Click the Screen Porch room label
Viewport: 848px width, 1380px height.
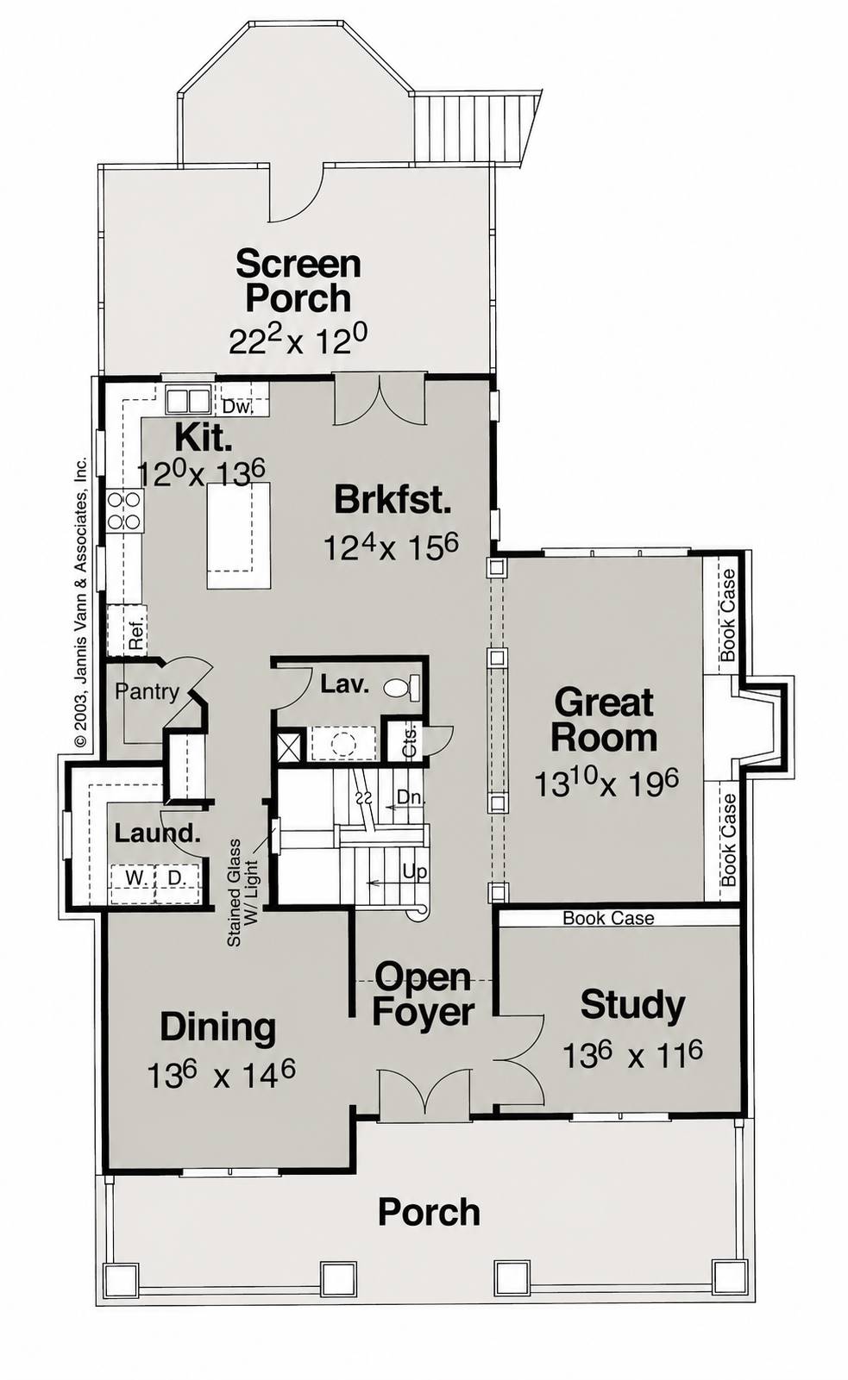(x=298, y=281)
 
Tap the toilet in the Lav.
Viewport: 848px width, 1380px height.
(x=404, y=687)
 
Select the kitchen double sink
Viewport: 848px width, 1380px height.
(x=188, y=401)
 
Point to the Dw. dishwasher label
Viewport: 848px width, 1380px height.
(x=238, y=407)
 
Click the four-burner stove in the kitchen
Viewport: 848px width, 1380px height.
(x=125, y=511)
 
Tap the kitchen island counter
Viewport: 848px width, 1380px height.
(x=239, y=535)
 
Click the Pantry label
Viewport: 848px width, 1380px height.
(x=147, y=692)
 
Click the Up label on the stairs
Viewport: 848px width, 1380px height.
(x=414, y=871)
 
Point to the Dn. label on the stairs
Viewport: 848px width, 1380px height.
(x=411, y=797)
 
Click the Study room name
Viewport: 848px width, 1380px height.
(x=632, y=1005)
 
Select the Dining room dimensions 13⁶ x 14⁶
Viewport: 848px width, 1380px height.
(x=221, y=1074)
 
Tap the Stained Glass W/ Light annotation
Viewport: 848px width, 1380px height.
(x=242, y=893)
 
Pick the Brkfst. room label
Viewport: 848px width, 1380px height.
(x=393, y=500)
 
